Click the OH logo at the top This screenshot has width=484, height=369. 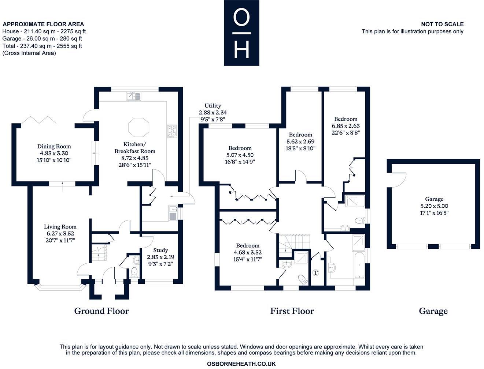tap(241, 33)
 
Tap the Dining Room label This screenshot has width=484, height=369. tap(54, 147)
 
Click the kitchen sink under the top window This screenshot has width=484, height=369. tap(134, 96)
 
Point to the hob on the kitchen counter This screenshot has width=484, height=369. tap(172, 131)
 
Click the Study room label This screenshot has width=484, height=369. tap(160, 250)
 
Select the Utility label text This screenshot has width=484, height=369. tap(213, 106)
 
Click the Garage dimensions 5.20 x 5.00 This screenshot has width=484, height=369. tap(434, 206)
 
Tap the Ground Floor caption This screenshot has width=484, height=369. tap(101, 311)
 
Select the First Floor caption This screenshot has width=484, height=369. tap(292, 311)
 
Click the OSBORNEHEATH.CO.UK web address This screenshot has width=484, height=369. tap(241, 364)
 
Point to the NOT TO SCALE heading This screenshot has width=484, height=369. tap(442, 24)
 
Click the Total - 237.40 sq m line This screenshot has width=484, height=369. tap(42, 46)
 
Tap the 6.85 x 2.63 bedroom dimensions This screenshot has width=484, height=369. tap(346, 126)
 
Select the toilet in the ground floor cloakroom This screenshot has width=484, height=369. tap(134, 272)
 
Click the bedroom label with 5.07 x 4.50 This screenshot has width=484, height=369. tap(240, 148)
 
